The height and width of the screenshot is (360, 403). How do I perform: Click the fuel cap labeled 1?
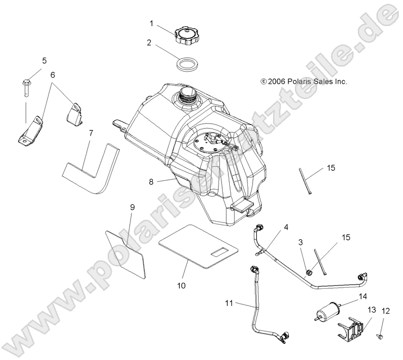[x=187, y=35]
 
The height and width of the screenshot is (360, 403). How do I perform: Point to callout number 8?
[x=151, y=182]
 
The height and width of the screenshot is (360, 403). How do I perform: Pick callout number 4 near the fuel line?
[x=286, y=227]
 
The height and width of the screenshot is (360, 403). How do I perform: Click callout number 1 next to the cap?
[x=151, y=22]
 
